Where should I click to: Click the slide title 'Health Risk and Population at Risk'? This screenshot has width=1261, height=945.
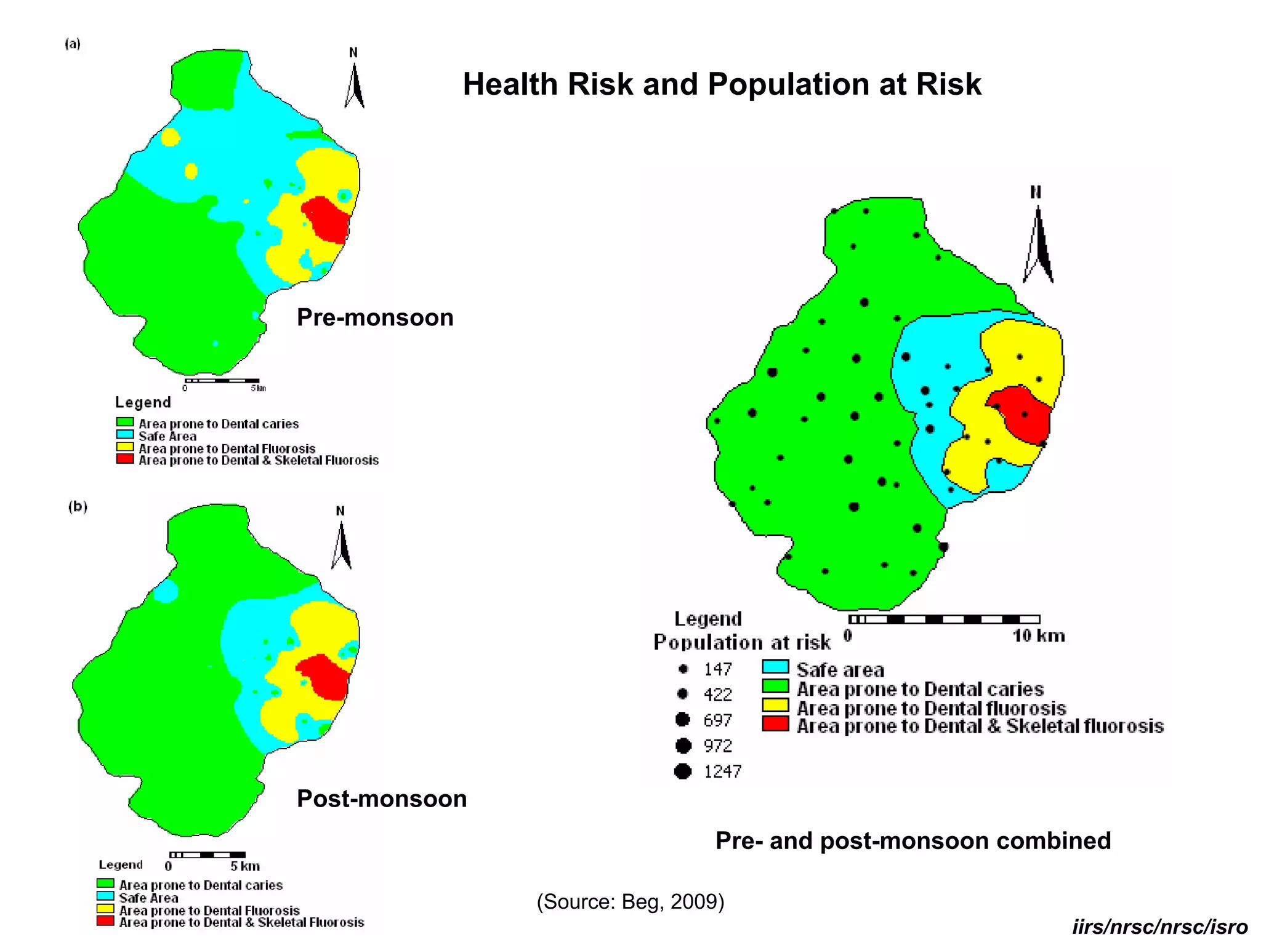click(721, 84)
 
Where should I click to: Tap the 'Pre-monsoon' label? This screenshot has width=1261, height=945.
click(375, 317)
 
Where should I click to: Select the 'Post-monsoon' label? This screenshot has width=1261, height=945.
click(382, 799)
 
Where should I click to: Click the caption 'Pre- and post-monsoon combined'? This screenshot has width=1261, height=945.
click(913, 840)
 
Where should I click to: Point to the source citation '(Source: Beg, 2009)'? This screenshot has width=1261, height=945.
click(630, 901)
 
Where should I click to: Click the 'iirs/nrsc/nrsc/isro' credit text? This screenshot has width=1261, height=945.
click(1159, 927)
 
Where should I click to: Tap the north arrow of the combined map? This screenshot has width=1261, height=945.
click(1039, 243)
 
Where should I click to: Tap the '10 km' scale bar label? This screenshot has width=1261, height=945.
click(1039, 636)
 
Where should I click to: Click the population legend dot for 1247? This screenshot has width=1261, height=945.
click(683, 771)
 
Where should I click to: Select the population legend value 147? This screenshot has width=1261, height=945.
click(718, 669)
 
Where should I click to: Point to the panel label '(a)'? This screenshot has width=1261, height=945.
click(73, 44)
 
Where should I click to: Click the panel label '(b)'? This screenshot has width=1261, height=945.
click(78, 506)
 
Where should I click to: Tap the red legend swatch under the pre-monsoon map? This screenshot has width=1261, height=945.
click(125, 459)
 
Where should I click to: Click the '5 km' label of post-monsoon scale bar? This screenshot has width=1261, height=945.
click(244, 866)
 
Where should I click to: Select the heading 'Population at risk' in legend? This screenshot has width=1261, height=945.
click(742, 642)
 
